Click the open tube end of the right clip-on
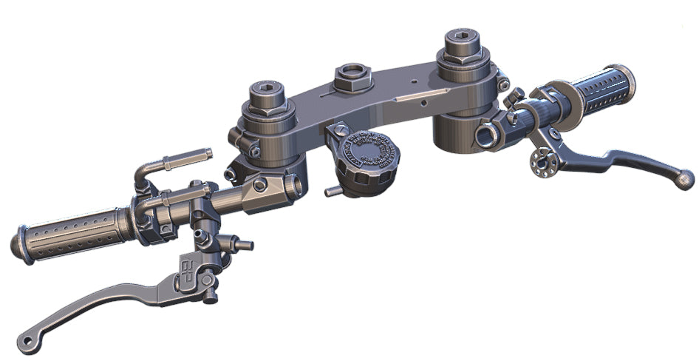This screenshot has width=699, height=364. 488,134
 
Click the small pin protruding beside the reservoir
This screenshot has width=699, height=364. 333,192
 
